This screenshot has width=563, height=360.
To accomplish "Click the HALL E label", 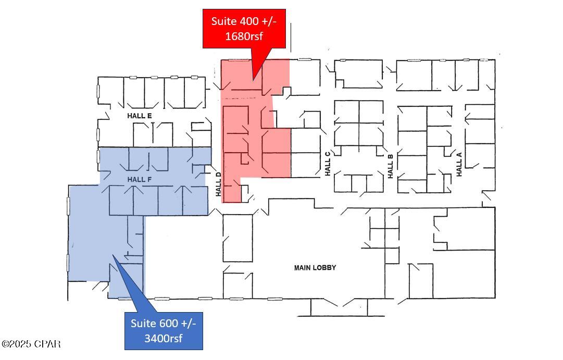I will tap(140, 116).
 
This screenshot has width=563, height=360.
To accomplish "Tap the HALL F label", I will tap(140, 179).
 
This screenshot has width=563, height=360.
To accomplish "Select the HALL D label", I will tap(219, 184).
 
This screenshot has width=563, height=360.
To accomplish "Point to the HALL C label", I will tap(328, 164).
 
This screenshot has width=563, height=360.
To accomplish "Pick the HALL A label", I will tap(459, 164).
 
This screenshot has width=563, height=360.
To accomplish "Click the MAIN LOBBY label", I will tap(315, 268).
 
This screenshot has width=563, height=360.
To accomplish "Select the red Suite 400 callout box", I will tap(244, 29).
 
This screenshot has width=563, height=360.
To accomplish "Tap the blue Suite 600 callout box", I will tap(164, 331).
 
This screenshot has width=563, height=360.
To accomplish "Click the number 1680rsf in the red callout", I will tap(244, 36).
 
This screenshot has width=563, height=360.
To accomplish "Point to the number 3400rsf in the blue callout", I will tap(164, 339).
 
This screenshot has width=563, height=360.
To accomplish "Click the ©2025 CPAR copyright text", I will tap(31, 344).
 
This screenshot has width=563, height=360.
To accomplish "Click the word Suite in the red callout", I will tap(222, 21).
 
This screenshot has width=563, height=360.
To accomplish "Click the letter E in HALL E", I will tap(149, 116).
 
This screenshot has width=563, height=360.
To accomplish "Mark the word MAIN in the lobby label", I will tap(303, 268).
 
